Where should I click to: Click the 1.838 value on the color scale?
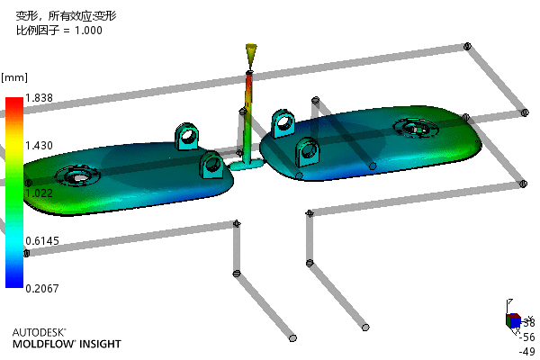40,97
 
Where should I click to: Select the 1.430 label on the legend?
40,145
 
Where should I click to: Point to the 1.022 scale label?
40,193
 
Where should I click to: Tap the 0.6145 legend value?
42,240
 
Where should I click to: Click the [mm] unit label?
13,76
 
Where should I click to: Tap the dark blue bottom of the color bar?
13,283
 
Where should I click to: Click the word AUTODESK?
39,332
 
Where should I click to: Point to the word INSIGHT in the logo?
98,345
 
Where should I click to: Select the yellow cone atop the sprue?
251,55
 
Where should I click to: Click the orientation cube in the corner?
512,319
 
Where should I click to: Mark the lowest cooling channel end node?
292,338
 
